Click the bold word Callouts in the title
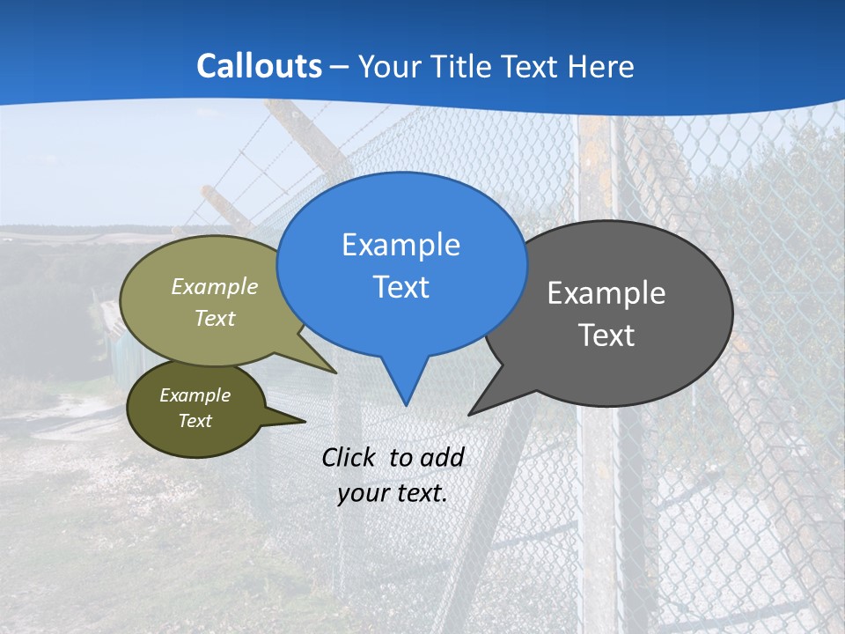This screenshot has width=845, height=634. [x=259, y=66]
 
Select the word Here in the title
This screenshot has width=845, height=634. [x=601, y=66]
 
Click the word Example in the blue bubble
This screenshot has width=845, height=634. [x=400, y=245]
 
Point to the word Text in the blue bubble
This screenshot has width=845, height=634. [x=400, y=287]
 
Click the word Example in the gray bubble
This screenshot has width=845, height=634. [x=606, y=293]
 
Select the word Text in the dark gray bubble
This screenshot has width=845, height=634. [x=606, y=335]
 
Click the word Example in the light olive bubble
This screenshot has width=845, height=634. [x=215, y=286]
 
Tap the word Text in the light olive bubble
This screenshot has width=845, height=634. [x=215, y=319]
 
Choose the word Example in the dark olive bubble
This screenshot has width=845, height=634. [x=195, y=395]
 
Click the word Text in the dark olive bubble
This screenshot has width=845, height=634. [x=195, y=421]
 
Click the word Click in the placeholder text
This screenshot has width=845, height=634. [x=349, y=457]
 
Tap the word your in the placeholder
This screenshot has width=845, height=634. [x=362, y=493]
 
